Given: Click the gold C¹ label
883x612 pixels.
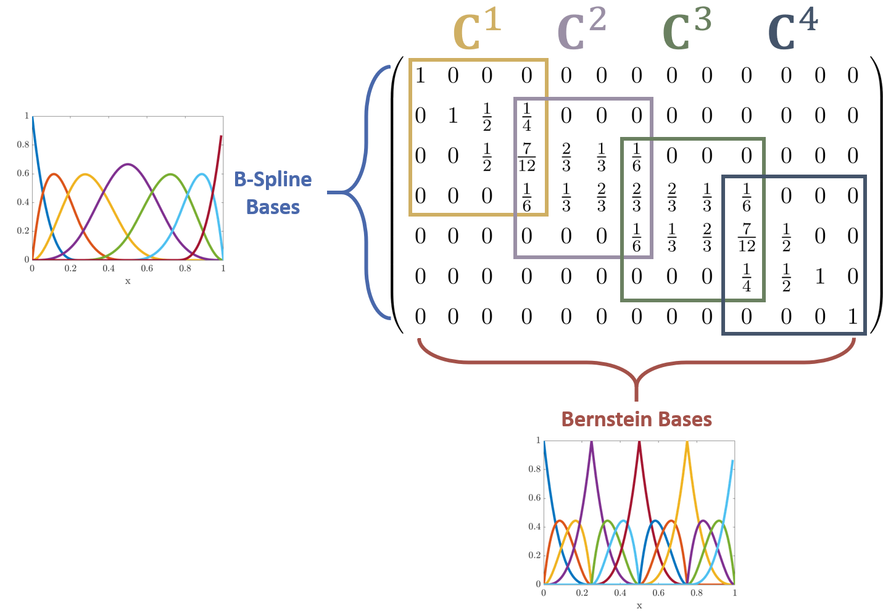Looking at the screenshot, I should (476, 31).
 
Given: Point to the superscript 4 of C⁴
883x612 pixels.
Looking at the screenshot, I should (808, 21).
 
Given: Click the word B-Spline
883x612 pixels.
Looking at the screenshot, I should (273, 180).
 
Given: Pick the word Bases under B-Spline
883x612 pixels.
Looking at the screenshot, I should (273, 207).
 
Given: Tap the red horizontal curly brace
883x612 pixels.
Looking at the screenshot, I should (636, 367).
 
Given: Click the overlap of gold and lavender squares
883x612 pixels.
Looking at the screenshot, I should (531, 157).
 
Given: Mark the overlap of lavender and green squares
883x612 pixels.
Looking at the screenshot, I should (637, 197).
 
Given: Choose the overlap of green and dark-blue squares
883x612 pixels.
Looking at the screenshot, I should (744, 238).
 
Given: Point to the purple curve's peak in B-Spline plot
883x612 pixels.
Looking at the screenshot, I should (128, 163).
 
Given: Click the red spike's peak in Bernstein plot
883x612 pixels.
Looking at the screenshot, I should (639, 442).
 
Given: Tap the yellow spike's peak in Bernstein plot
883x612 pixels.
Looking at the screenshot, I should (687, 442).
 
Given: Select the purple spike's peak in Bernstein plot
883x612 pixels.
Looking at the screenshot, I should (592, 442).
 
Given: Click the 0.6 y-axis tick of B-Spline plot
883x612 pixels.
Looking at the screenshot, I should (23, 173).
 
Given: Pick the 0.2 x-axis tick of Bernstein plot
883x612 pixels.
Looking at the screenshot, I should (582, 593).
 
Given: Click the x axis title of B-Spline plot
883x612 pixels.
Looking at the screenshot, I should (128, 281).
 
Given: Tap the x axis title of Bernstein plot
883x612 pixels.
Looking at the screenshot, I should (639, 606).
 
